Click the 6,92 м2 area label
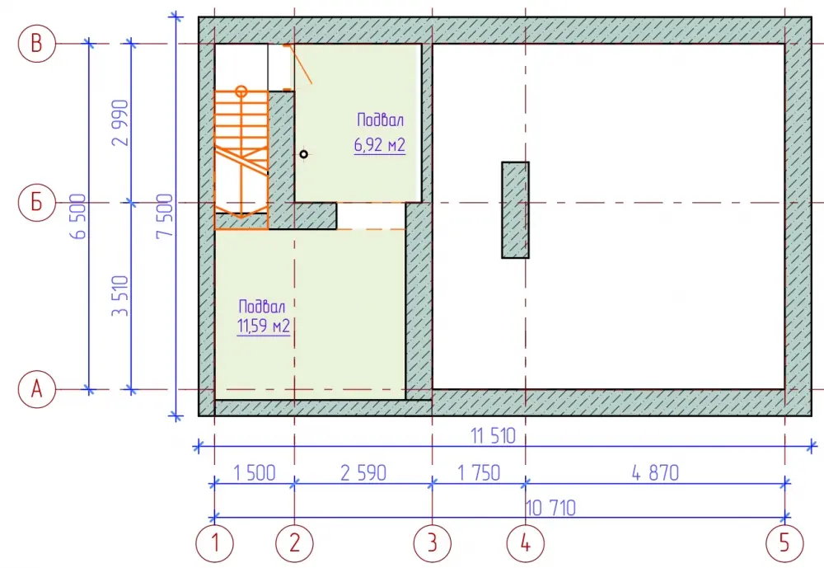(379, 144)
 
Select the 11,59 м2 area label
(264, 326)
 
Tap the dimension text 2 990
(120, 123)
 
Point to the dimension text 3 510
(120, 296)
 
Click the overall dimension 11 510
(493, 436)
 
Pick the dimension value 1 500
(255, 473)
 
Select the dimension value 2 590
(363, 473)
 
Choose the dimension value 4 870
(655, 473)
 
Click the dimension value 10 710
(550, 508)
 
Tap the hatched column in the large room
(515, 210)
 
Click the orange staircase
(241, 157)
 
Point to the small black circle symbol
(304, 154)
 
